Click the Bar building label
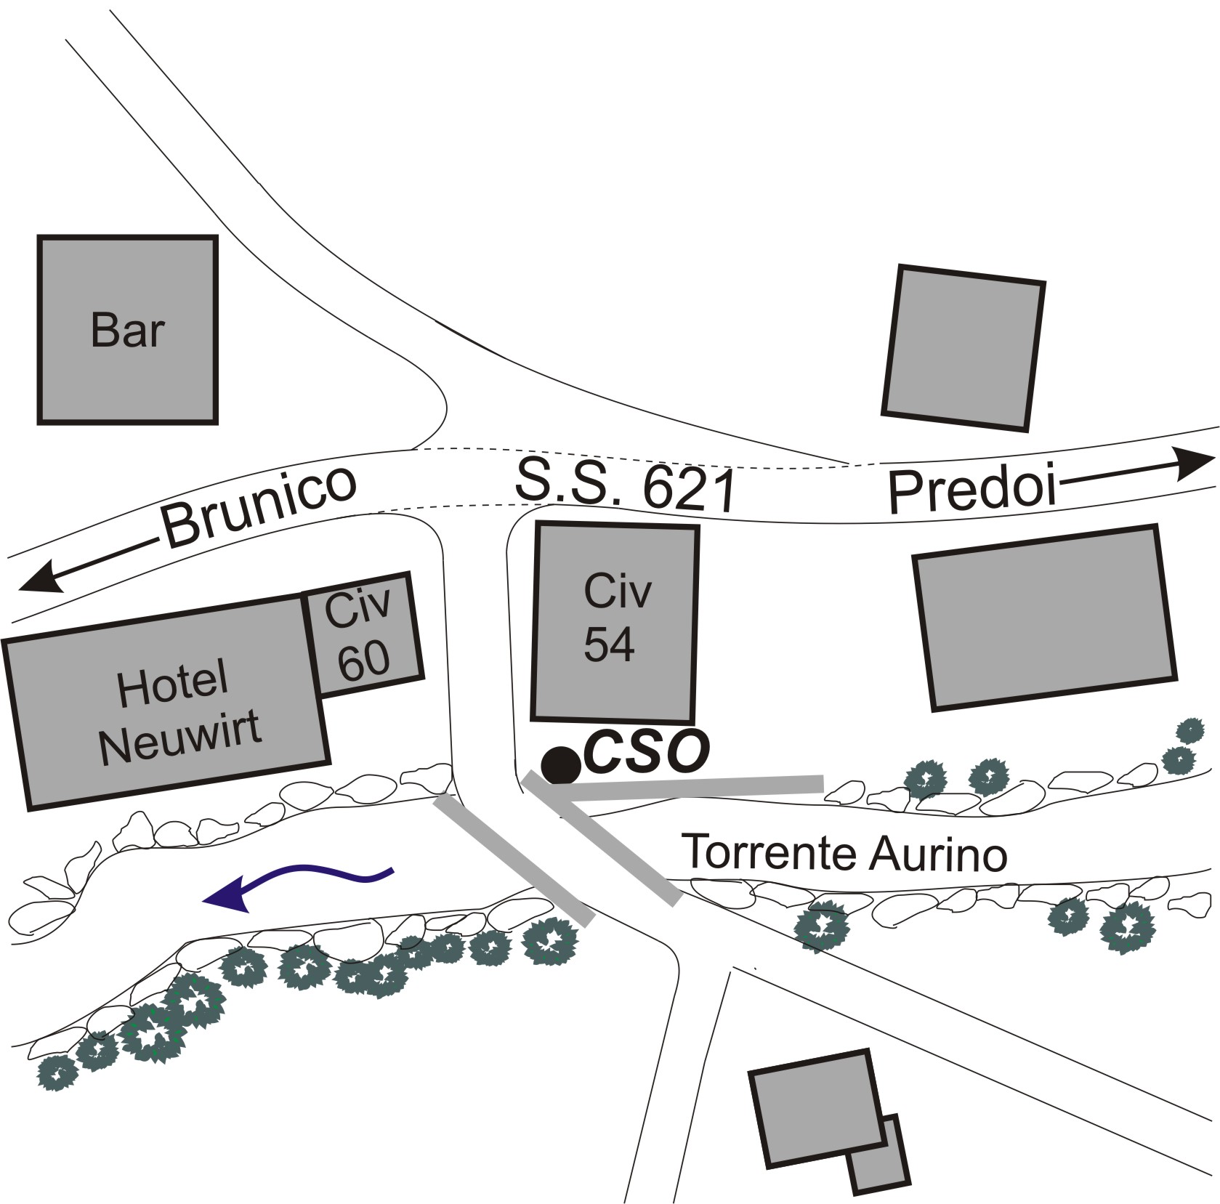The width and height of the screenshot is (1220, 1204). [127, 331]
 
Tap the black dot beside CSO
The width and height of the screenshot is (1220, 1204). [561, 764]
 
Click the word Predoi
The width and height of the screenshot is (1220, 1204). [971, 490]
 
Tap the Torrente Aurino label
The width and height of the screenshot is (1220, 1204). [846, 852]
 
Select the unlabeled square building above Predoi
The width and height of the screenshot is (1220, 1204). [963, 348]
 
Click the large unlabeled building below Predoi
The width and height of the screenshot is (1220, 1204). [1044, 616]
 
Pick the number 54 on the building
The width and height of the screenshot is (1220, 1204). [609, 644]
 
